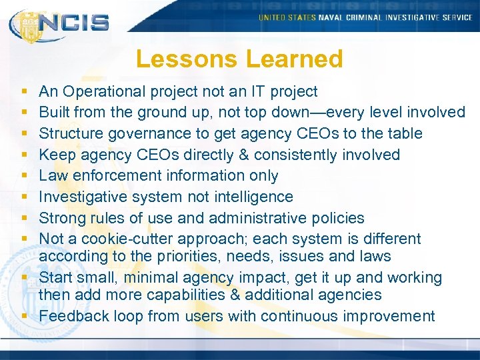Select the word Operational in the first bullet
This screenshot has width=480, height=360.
(109, 91)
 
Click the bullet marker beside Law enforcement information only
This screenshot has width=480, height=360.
(24, 176)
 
